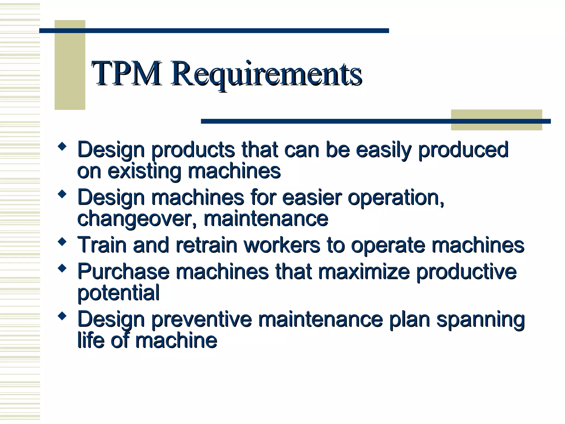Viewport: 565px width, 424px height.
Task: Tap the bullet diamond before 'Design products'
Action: (62, 146)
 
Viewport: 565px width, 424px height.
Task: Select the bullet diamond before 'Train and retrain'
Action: (62, 242)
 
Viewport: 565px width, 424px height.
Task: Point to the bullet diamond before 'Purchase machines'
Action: (62, 268)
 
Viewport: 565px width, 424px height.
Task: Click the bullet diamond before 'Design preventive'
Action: (62, 316)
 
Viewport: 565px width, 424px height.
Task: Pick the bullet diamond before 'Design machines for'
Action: (62, 194)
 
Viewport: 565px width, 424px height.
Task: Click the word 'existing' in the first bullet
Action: (144, 171)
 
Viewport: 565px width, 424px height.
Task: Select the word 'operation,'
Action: (396, 198)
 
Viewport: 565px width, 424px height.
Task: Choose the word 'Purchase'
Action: (123, 272)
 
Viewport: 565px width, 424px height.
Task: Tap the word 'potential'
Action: (118, 293)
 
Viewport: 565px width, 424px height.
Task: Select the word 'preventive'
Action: (202, 320)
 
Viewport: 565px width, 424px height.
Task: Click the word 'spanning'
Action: (480, 320)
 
